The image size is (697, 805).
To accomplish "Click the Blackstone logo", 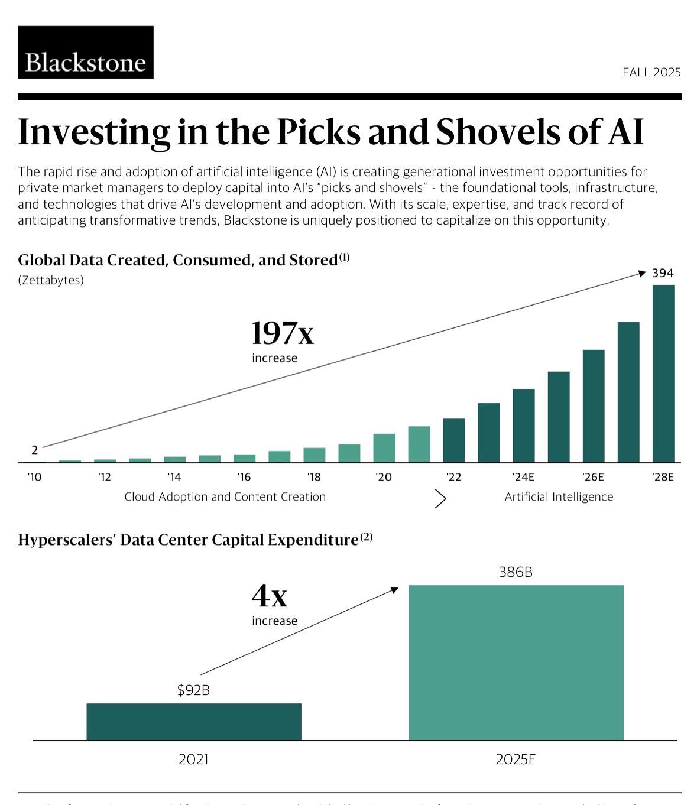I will tap(86, 52).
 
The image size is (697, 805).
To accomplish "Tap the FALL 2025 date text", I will tap(651, 72).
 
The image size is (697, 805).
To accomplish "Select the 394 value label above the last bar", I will tap(663, 273).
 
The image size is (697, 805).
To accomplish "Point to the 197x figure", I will tap(283, 333).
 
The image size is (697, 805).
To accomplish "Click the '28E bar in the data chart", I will tap(663, 374).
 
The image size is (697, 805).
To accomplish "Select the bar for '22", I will tap(453, 440).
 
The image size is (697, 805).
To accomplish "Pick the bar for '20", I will tap(384, 448).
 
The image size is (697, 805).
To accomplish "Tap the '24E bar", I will tap(523, 426).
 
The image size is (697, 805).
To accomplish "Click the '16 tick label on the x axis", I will tap(244, 477).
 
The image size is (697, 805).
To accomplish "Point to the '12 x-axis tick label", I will tap(104, 477).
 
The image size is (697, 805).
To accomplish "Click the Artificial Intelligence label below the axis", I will tap(559, 497).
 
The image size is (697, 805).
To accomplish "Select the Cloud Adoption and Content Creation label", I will tap(225, 497).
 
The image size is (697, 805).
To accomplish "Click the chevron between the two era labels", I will tap(440, 499).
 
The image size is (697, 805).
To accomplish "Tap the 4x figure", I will tap(270, 596).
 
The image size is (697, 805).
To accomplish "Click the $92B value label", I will tap(193, 690).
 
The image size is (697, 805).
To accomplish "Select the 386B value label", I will tap(516, 572).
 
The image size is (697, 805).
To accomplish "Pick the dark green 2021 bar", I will tap(193, 722).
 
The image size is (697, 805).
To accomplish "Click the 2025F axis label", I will tap(516, 759).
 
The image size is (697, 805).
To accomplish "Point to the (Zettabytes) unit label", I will tap(51, 280).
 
